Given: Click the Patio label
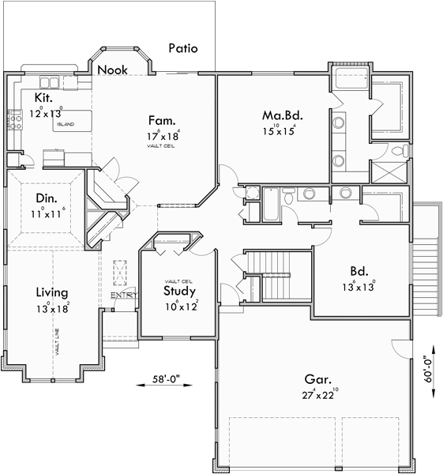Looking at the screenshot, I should pyautogui.click(x=183, y=48).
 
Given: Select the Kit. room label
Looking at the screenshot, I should pyautogui.click(x=43, y=98).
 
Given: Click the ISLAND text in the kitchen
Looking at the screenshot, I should pyautogui.click(x=66, y=125).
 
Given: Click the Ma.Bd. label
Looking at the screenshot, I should pyautogui.click(x=283, y=115).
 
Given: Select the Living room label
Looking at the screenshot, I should pyautogui.click(x=51, y=292).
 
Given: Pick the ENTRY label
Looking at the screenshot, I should pyautogui.click(x=122, y=295).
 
